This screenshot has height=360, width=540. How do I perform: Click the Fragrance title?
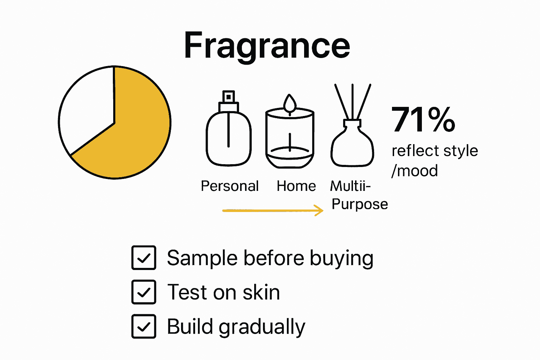tap(267, 46)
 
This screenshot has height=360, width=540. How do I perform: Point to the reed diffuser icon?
tap(352, 141)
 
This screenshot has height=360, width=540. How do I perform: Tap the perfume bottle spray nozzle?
tap(229, 96)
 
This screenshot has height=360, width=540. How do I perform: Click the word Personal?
tap(230, 186)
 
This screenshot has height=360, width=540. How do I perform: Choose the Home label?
tap(296, 186)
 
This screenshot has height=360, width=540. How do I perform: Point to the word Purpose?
tap(360, 204)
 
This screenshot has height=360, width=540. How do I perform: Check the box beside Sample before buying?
tap(144, 258)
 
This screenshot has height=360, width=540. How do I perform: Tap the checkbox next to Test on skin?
tap(144, 292)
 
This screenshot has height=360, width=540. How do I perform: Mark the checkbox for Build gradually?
tap(144, 326)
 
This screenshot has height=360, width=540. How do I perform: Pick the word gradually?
tap(262, 327)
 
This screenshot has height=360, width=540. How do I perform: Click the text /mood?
tap(415, 171)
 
